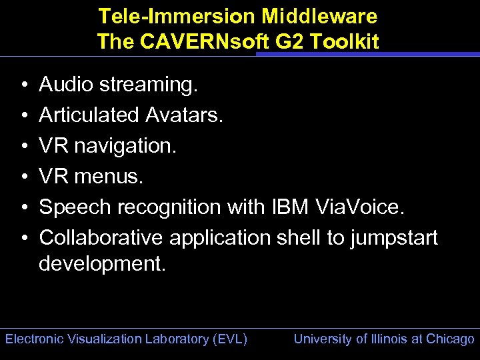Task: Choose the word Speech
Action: point(75,208)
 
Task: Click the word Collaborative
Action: point(101,238)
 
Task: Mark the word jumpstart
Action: point(391,238)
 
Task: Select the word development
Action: point(101,264)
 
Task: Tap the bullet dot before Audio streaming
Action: point(23,85)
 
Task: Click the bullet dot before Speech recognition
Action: point(23,208)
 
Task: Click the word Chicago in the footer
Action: point(451,339)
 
